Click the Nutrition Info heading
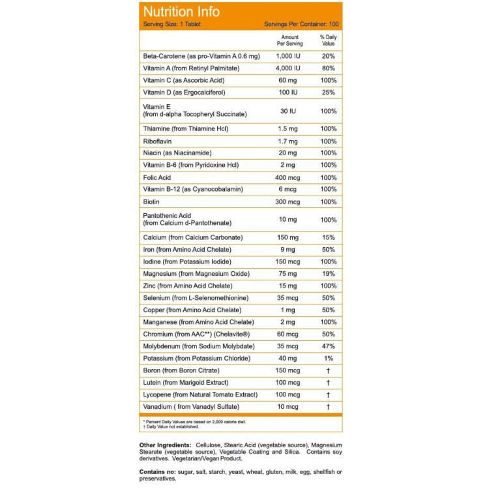click(181, 12)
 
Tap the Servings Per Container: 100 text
click(301, 24)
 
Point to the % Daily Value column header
click(328, 40)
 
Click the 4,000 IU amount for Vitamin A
click(288, 68)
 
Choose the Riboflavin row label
click(158, 141)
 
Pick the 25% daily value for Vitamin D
click(328, 93)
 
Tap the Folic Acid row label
click(158, 177)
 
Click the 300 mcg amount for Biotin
click(288, 201)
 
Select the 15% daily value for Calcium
click(328, 237)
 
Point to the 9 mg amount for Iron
click(288, 250)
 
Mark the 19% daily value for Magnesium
click(328, 274)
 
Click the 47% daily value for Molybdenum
click(328, 346)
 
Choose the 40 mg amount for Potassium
click(288, 359)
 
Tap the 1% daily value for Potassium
click(328, 359)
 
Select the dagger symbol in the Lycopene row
click(328, 395)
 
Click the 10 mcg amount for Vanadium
click(288, 407)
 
